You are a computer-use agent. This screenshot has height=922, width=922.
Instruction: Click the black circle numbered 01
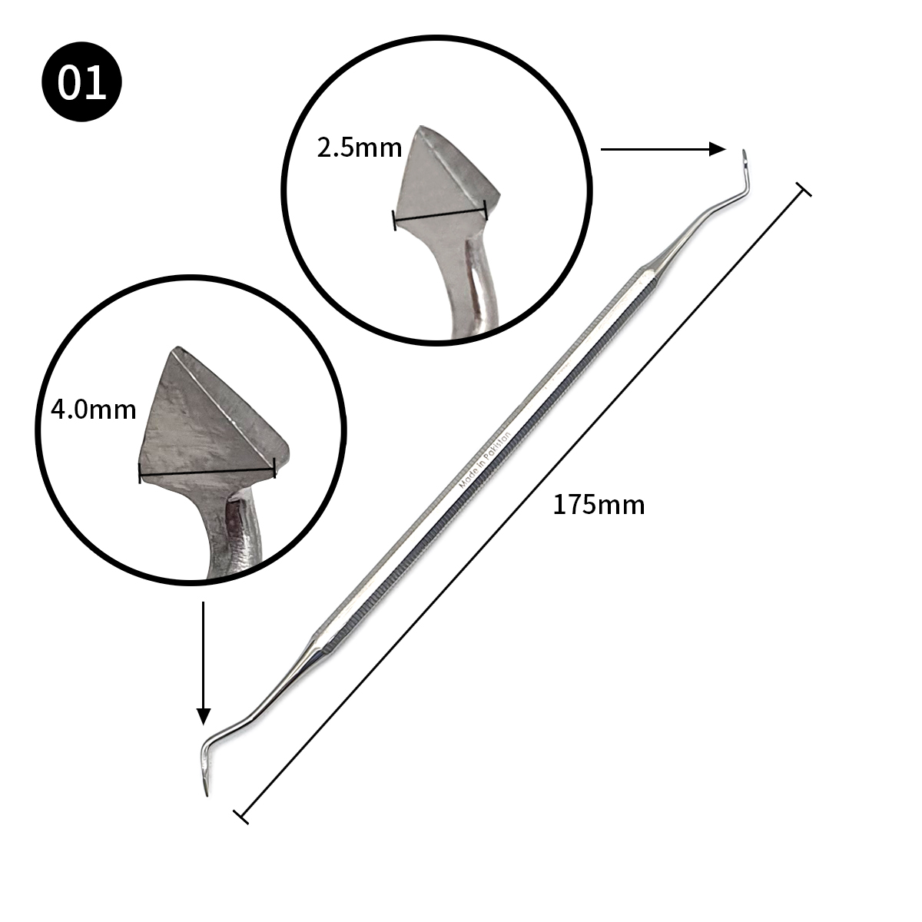tap(81, 81)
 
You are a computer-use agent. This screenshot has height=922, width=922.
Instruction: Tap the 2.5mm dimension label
tap(360, 148)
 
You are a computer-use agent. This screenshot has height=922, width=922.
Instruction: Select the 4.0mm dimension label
tap(93, 410)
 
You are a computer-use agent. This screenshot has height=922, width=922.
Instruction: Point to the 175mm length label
tap(599, 505)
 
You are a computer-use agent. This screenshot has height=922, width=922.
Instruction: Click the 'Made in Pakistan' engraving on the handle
tap(485, 460)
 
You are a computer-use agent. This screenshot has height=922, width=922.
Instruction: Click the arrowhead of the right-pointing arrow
tap(717, 149)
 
